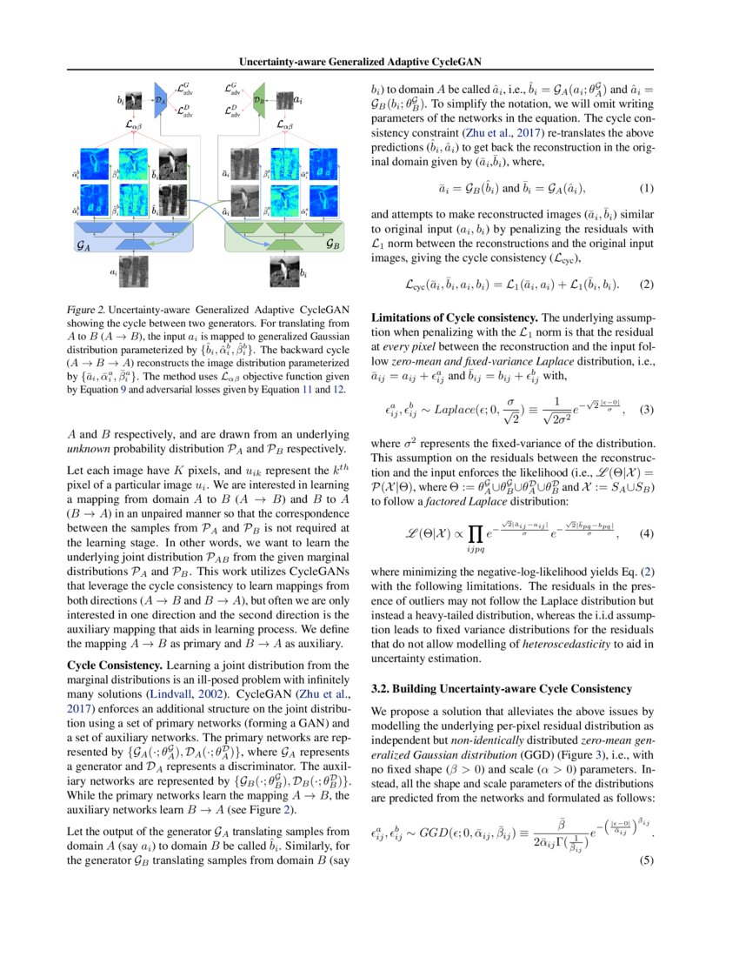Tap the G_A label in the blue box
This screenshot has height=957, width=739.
pos(87,246)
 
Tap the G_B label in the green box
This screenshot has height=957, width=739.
pos(332,245)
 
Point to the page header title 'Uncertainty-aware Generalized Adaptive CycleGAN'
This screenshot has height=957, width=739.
pos(369,61)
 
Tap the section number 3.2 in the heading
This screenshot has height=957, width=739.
pos(379,689)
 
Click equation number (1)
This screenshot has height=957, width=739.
pos(645,189)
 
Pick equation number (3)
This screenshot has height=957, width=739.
pos(645,411)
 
